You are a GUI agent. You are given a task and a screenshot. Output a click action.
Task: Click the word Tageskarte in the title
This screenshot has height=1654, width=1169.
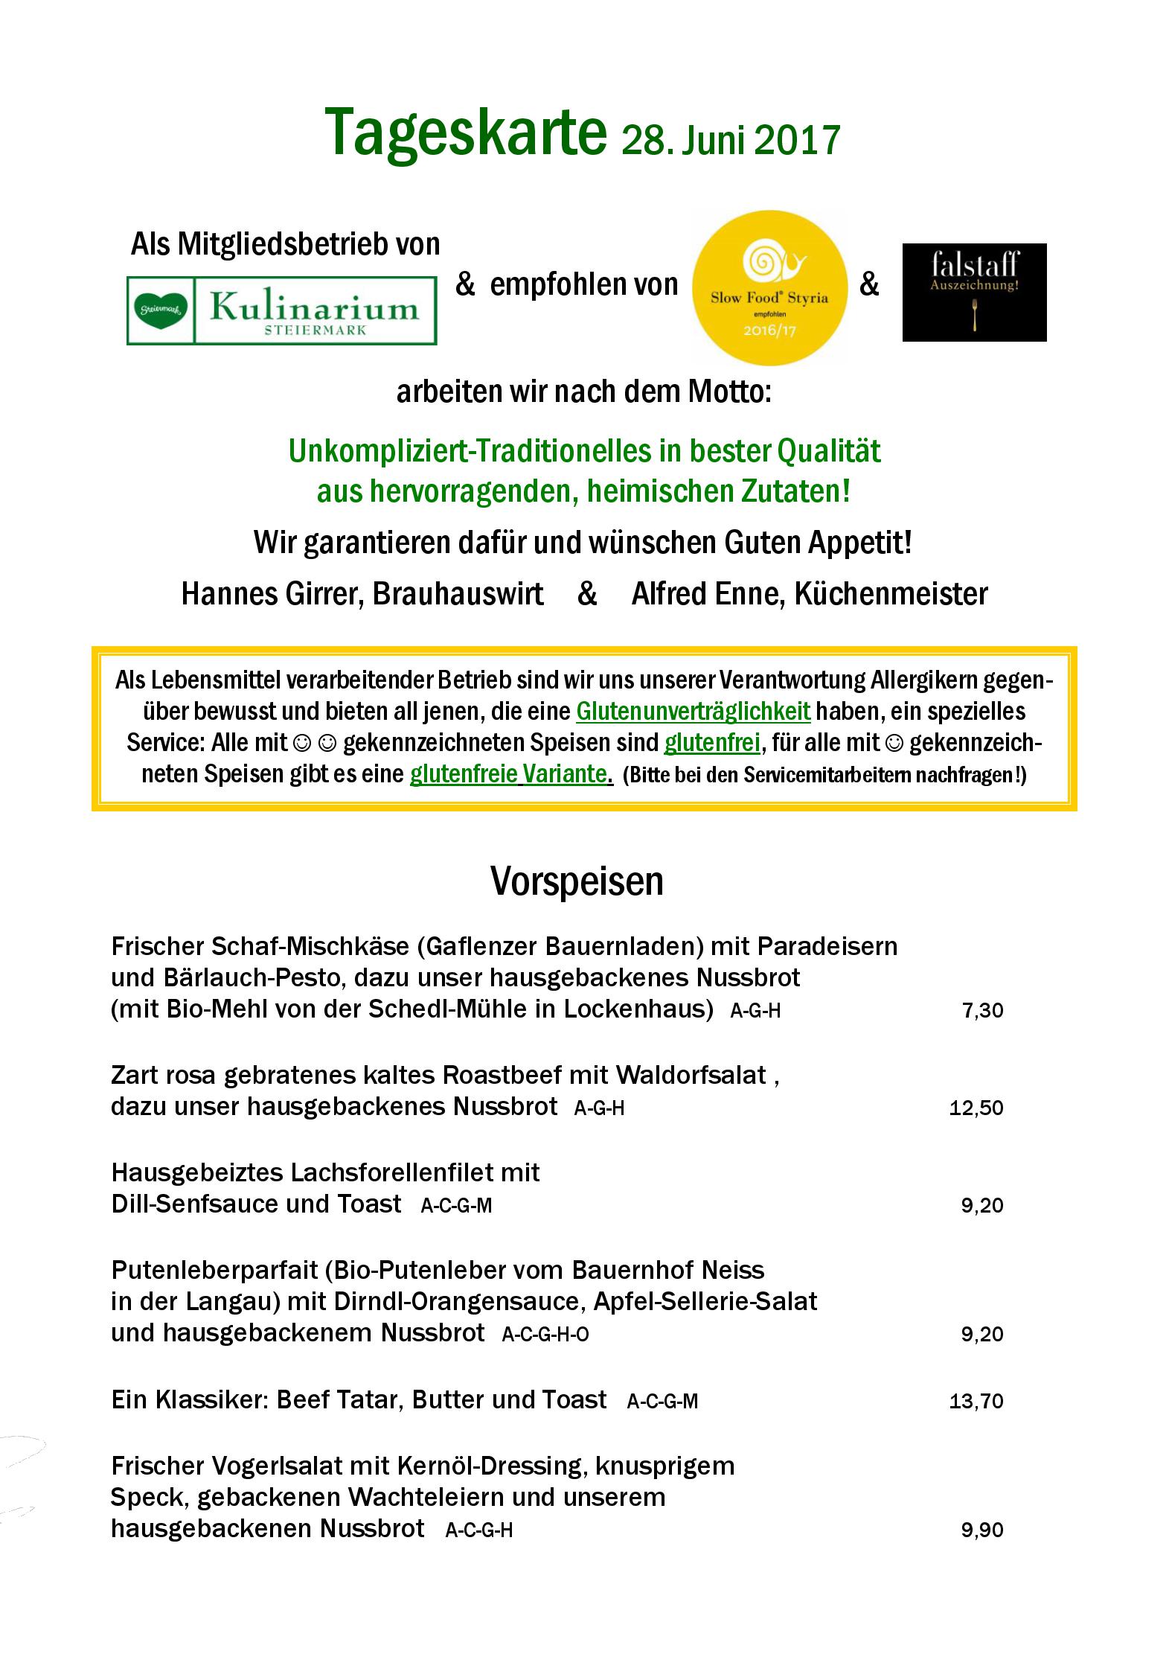(465, 132)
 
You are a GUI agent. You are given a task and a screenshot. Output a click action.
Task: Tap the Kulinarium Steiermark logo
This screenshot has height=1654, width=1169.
(281, 310)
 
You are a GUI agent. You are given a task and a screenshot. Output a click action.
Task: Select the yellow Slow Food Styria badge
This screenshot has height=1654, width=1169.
(769, 287)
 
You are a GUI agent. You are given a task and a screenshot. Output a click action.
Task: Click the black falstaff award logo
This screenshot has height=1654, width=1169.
(974, 293)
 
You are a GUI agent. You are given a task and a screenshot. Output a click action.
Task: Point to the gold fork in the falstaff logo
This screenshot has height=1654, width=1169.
(974, 314)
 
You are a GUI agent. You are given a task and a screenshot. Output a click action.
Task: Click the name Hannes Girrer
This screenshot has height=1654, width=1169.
(272, 594)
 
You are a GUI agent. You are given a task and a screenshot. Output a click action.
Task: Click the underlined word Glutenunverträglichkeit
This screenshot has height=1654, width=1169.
(693, 712)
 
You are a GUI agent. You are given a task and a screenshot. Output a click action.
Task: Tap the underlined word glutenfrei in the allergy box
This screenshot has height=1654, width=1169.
(711, 743)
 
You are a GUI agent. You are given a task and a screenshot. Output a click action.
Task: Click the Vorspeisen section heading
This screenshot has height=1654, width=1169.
(577, 881)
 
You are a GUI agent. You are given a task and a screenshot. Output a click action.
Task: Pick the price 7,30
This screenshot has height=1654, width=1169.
(982, 1010)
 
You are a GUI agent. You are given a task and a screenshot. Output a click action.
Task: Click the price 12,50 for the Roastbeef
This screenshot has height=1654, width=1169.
(976, 1108)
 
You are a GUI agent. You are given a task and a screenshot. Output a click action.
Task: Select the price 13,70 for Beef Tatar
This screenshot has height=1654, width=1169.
(976, 1402)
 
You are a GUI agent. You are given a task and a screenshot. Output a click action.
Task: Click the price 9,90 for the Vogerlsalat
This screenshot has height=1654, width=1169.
(982, 1530)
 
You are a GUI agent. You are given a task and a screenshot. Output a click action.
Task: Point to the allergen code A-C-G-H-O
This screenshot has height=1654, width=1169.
(545, 1335)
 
